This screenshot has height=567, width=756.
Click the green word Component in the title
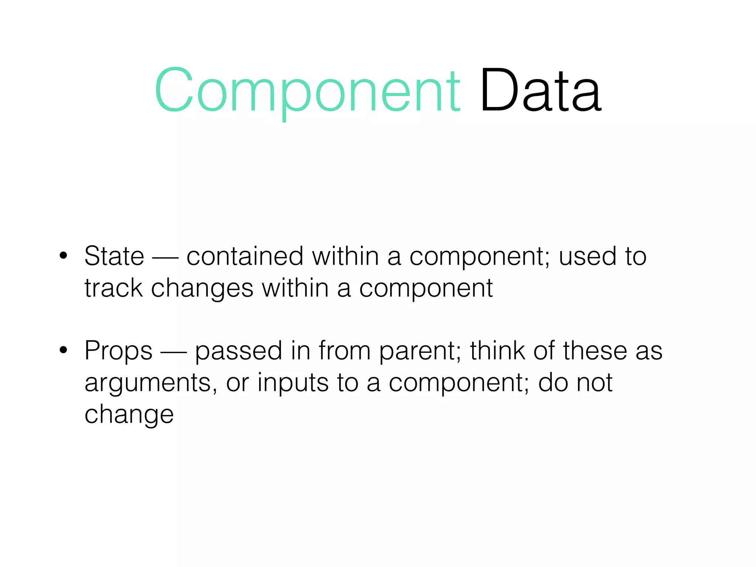point(307,90)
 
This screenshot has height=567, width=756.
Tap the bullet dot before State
point(63,255)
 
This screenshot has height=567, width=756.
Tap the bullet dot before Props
point(63,350)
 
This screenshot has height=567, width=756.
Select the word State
point(114,256)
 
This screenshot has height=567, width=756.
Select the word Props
point(118,351)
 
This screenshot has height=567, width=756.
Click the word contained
point(245,256)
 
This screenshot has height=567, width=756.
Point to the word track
point(113,288)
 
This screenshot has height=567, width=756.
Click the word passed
point(238,351)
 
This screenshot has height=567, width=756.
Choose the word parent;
point(420,351)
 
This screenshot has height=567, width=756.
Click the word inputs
point(293,383)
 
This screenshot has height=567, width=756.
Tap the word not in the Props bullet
point(594,382)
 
